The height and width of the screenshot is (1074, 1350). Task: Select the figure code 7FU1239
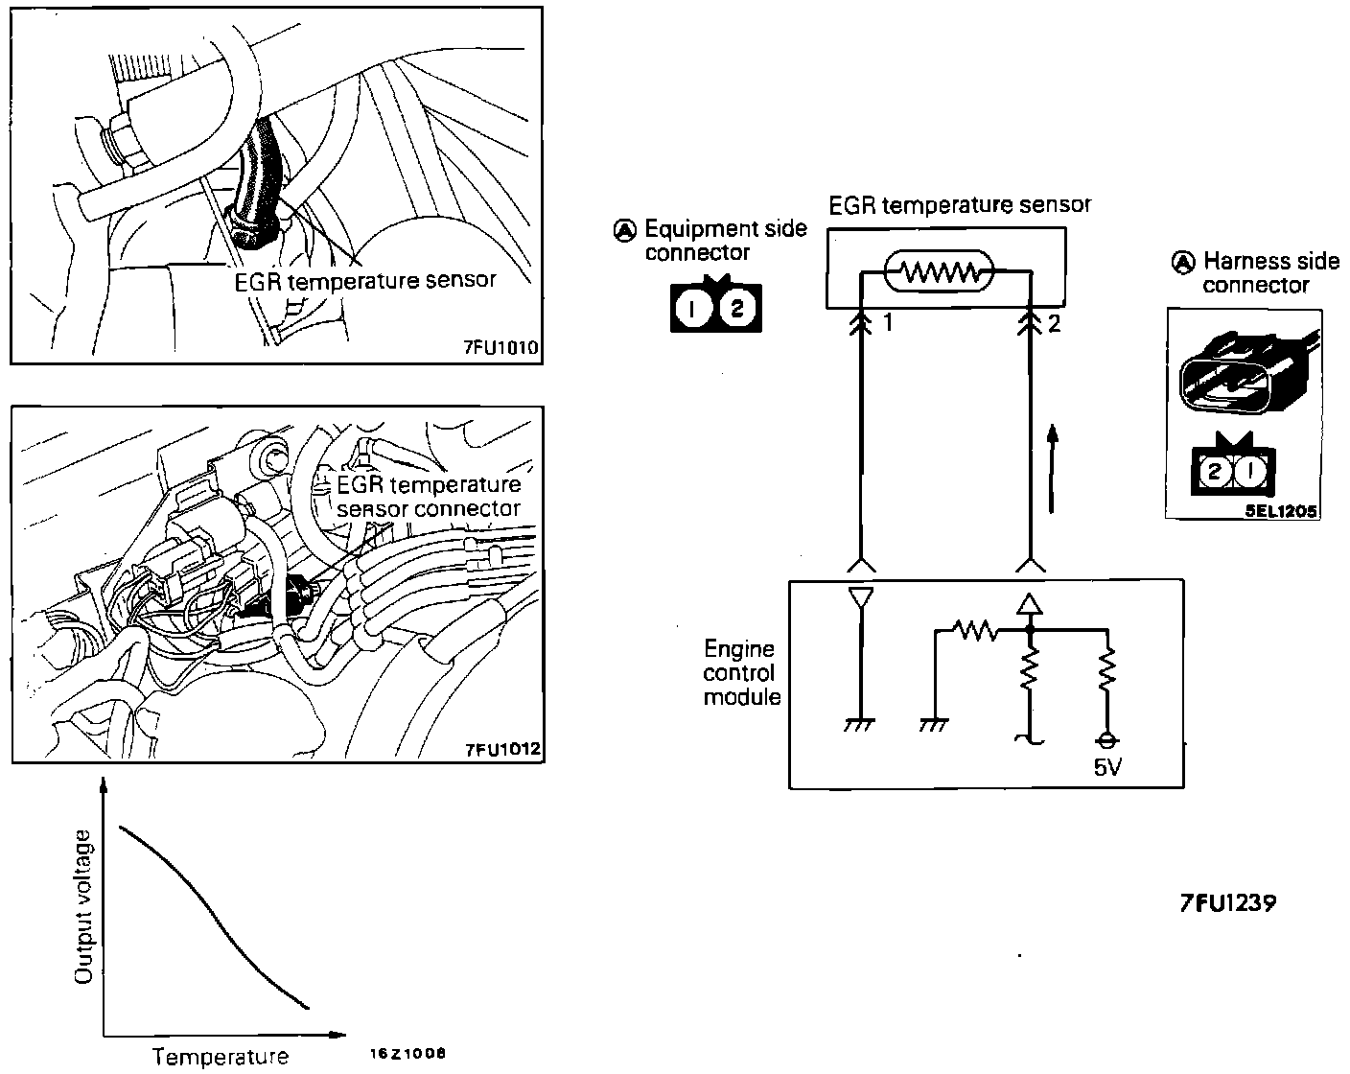pos(1228,903)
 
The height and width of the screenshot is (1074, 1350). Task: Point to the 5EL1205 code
pos(1280,511)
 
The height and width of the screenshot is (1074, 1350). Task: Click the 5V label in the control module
pos(1106,768)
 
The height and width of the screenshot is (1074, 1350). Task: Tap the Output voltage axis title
pos(85,907)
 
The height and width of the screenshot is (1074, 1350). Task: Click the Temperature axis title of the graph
pos(221,1057)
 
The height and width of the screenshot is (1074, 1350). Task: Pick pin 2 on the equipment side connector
pos(736,309)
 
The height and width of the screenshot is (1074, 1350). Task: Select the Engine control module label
pos(741,673)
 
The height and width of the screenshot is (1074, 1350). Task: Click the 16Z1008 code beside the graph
pos(407,1052)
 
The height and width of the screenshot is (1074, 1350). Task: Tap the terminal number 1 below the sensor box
pos(888,324)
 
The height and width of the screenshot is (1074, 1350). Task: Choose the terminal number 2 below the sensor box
pos(1055,324)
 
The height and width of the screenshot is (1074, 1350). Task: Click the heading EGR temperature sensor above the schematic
pos(960,204)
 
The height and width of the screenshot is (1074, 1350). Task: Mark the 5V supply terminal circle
pos(1107,741)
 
